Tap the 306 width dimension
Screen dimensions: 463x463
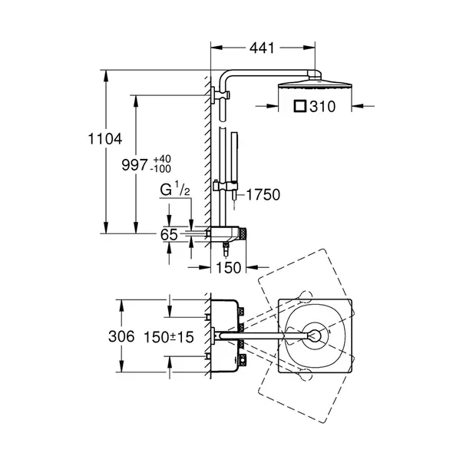[122, 336]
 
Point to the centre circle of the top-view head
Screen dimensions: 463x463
[316, 335]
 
